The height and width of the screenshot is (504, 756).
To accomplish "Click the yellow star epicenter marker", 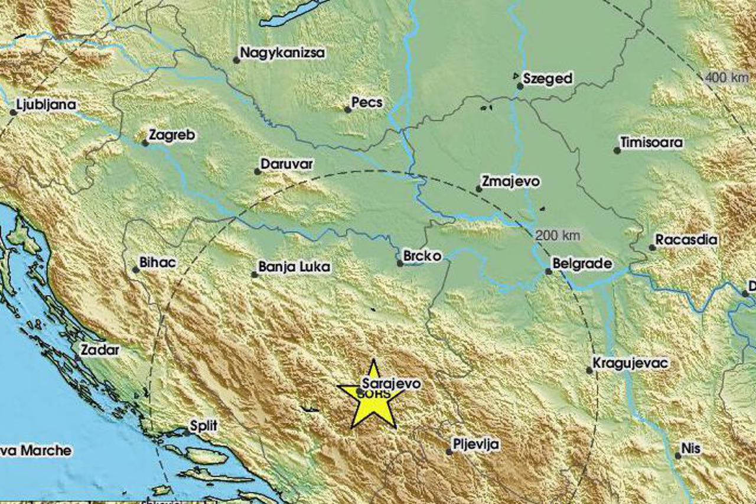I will coord(373,396).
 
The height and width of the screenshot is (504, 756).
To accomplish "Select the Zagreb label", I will coord(171,135).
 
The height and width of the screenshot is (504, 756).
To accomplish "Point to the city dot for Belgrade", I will coord(548,272).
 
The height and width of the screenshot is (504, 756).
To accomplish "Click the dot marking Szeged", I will coord(520,86).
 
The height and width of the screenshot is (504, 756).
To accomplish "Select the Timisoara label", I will coord(651,142).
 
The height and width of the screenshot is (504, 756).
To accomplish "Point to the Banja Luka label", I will coord(294,268).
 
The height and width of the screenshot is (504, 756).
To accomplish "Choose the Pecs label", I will coord(367,103).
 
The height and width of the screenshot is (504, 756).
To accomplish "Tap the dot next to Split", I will coord(187,433).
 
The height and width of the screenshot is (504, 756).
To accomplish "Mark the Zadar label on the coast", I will coord(100,350).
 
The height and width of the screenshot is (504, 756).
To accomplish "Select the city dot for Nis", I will coord(677,455).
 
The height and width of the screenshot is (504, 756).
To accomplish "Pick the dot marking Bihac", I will coord(135,270).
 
